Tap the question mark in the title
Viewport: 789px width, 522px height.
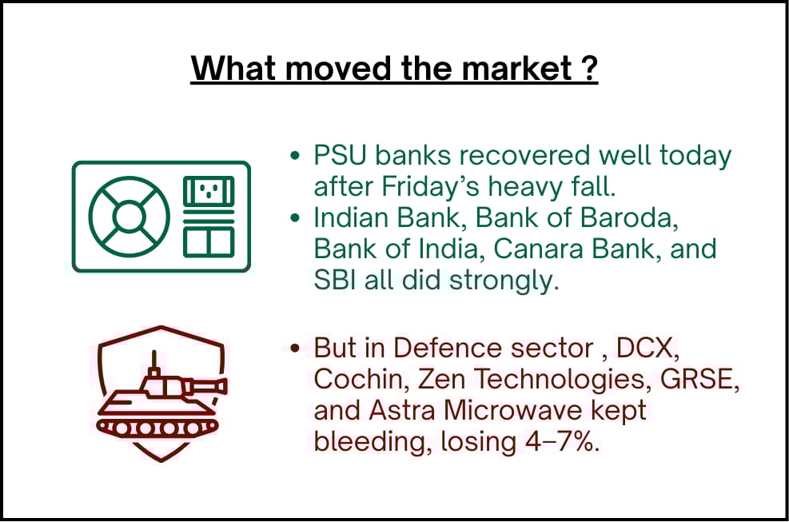pos(588,67)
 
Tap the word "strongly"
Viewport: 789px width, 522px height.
pos(504,281)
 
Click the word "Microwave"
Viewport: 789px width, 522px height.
pos(512,410)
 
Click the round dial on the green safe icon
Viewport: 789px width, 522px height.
pos(129,217)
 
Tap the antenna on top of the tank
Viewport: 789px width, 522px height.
pos(154,360)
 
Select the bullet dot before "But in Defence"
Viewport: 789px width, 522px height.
pos(295,348)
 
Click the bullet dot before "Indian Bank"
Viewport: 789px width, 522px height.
pos(295,218)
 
